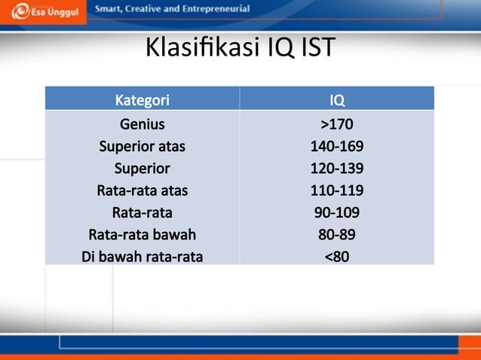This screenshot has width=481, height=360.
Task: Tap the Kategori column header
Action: click(142, 99)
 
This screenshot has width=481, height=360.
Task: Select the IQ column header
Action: click(337, 99)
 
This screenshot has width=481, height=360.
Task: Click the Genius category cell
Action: click(142, 124)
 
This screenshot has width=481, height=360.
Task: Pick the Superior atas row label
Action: click(142, 146)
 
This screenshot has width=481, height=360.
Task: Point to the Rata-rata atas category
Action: click(142, 191)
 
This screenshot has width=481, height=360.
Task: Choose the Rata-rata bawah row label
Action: click(142, 234)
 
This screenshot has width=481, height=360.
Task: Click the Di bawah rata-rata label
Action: click(142, 257)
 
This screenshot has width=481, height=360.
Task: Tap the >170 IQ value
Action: click(337, 124)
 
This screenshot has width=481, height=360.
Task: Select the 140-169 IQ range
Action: click(337, 146)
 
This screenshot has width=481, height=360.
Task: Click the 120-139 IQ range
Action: click(337, 168)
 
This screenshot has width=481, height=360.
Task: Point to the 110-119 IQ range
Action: click(337, 191)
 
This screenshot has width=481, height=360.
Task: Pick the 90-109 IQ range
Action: click(337, 212)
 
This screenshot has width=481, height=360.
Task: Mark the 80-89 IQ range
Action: click(337, 234)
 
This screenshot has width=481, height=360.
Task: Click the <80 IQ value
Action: click(337, 257)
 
